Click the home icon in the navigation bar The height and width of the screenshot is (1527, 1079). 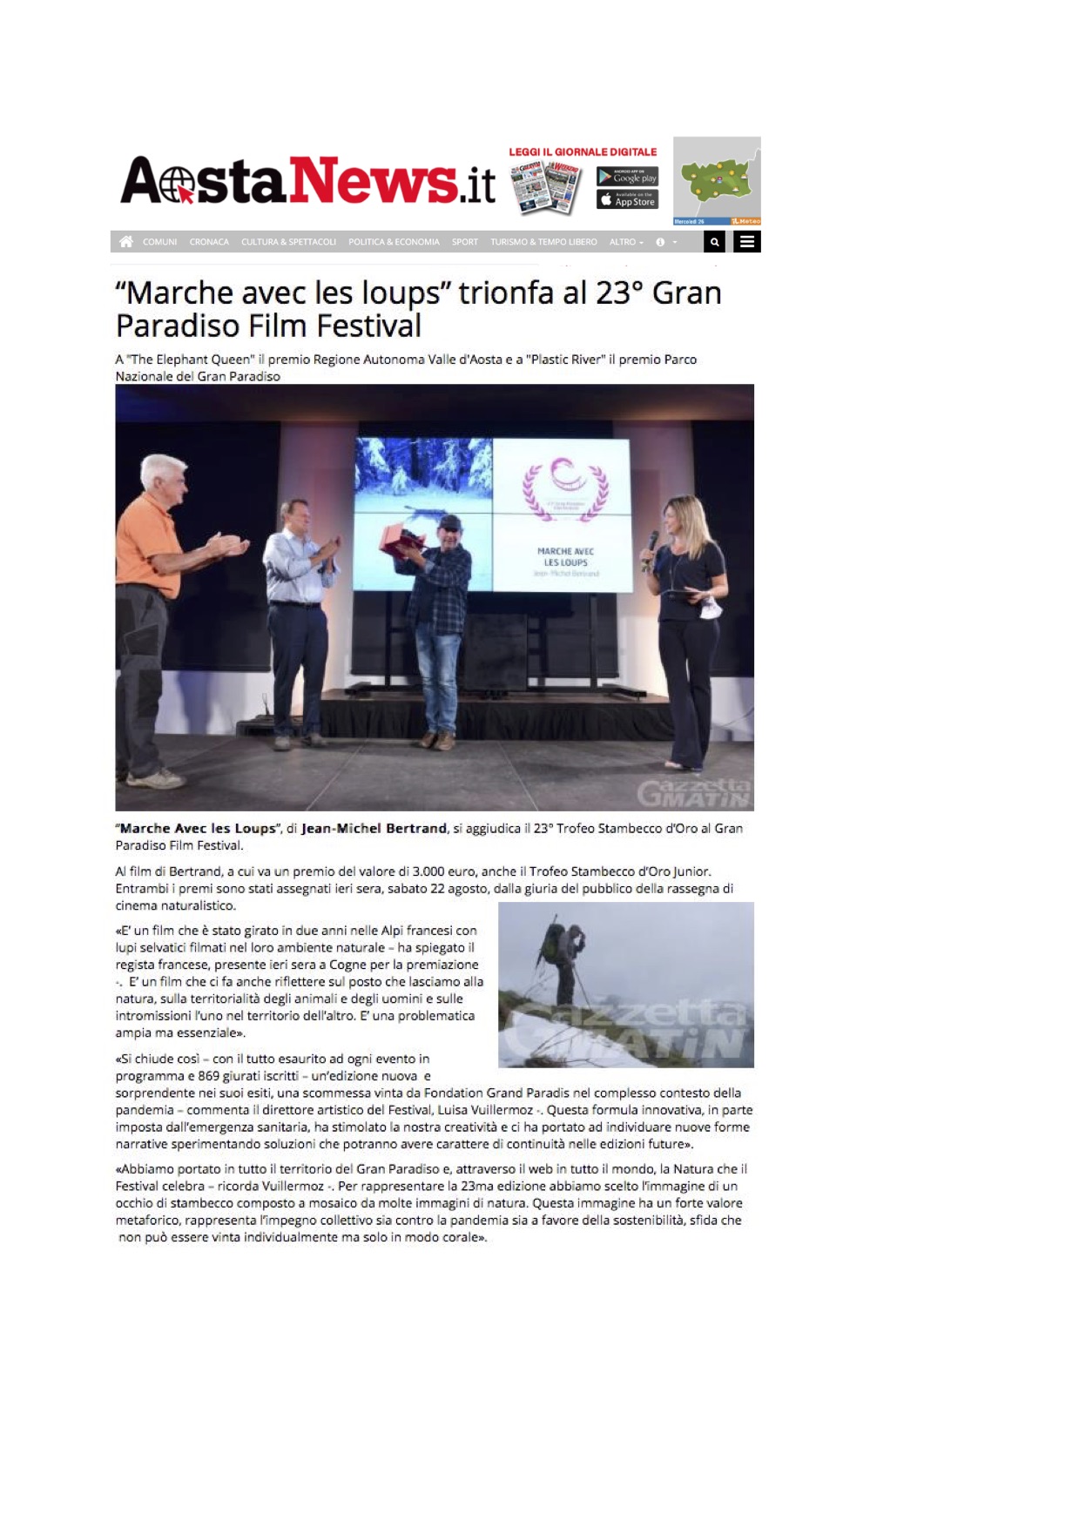(x=126, y=242)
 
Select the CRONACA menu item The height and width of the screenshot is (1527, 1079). (x=209, y=242)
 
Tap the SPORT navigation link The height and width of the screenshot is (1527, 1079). (x=464, y=242)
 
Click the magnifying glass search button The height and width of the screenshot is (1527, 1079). (x=714, y=242)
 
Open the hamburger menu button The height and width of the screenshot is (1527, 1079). (x=747, y=242)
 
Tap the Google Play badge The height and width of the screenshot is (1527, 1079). (x=627, y=177)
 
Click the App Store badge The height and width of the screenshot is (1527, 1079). (x=627, y=200)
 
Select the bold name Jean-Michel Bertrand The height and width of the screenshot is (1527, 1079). (x=374, y=829)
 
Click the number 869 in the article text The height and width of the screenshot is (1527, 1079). (x=208, y=1076)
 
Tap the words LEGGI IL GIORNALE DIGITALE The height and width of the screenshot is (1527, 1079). (x=583, y=152)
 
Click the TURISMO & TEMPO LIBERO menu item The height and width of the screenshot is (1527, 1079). (x=543, y=242)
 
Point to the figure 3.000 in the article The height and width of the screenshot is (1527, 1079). (x=428, y=871)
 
